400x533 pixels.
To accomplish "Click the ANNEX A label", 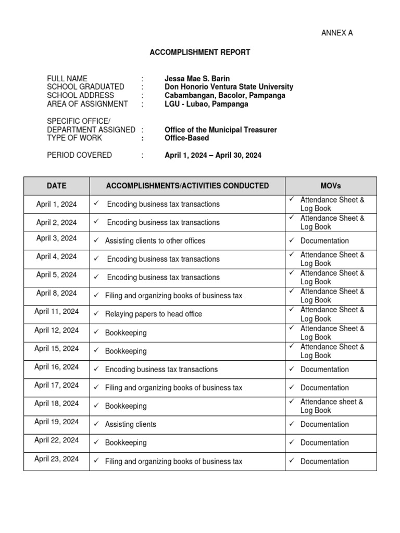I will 337,33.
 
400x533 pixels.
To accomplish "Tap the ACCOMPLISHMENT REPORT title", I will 200,52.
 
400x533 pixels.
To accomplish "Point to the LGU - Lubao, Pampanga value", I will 206,104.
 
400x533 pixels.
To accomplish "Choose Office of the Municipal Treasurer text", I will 220,130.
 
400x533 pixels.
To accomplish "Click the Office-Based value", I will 186,138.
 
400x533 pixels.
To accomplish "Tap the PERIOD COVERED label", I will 79,155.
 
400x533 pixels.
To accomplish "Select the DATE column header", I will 57,185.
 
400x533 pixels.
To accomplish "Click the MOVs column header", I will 331,185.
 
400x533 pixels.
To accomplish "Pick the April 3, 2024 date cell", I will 57,238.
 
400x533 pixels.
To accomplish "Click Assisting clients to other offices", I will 155,241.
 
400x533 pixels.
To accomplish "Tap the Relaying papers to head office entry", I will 154,314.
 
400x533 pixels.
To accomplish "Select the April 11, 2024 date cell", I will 57,312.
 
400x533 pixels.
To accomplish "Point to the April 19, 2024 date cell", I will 57,422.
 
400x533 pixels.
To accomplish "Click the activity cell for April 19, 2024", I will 131,425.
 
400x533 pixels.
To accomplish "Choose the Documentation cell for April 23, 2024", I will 324,461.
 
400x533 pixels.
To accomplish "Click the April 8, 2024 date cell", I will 57,293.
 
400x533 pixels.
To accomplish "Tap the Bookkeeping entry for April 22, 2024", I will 126,443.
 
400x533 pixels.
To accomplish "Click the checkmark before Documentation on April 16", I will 292,369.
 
